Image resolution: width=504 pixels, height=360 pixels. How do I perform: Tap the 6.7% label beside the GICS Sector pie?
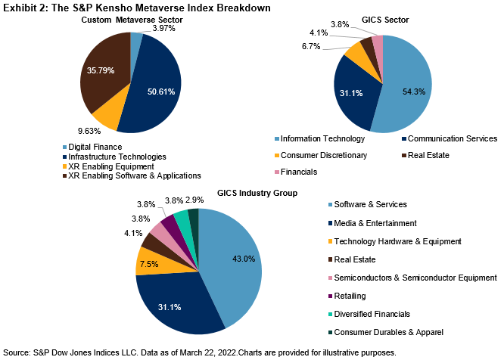[x=311, y=46]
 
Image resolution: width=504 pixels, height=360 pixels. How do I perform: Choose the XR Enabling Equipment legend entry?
[x=110, y=166]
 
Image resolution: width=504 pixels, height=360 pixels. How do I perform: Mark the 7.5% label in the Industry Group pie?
[x=149, y=265]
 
